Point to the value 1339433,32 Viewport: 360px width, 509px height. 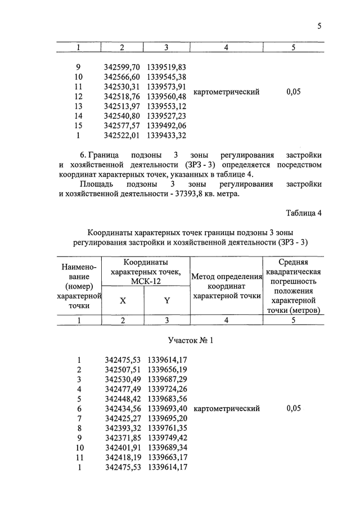(x=166, y=135)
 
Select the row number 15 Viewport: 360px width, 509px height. (x=78, y=125)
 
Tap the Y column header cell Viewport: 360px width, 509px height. (x=167, y=300)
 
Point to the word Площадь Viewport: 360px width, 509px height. (x=98, y=184)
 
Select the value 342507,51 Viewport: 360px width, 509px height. (x=122, y=370)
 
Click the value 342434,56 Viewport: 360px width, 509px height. (x=122, y=408)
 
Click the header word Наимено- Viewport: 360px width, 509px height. (x=78, y=267)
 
